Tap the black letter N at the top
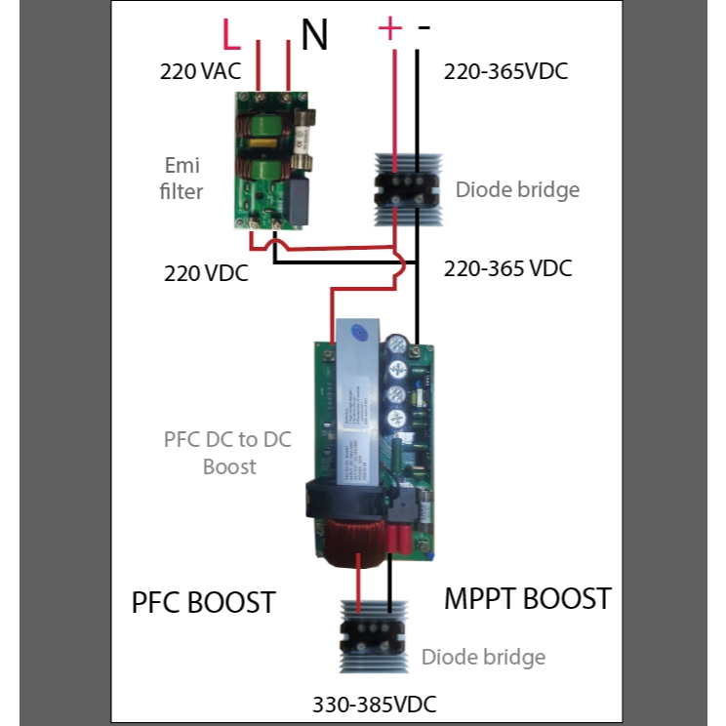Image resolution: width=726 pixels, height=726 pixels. coord(313,35)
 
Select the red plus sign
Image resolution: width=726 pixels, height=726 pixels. coord(389,28)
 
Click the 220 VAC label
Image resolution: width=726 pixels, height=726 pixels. coord(199,71)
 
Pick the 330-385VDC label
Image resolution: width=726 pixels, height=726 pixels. coord(375,705)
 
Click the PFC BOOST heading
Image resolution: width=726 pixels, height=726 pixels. coord(203,602)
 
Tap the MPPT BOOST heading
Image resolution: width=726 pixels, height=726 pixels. coord(527,598)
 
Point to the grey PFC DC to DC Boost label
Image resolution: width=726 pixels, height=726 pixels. coord(229,453)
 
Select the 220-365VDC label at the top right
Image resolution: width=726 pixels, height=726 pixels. coord(505,71)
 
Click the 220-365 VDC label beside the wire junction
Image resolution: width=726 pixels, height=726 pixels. coord(507,268)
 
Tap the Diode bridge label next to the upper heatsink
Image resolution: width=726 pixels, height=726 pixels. coord(517,189)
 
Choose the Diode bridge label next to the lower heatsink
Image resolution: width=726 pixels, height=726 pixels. coord(483,657)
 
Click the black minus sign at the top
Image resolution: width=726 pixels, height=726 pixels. coord(423,28)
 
